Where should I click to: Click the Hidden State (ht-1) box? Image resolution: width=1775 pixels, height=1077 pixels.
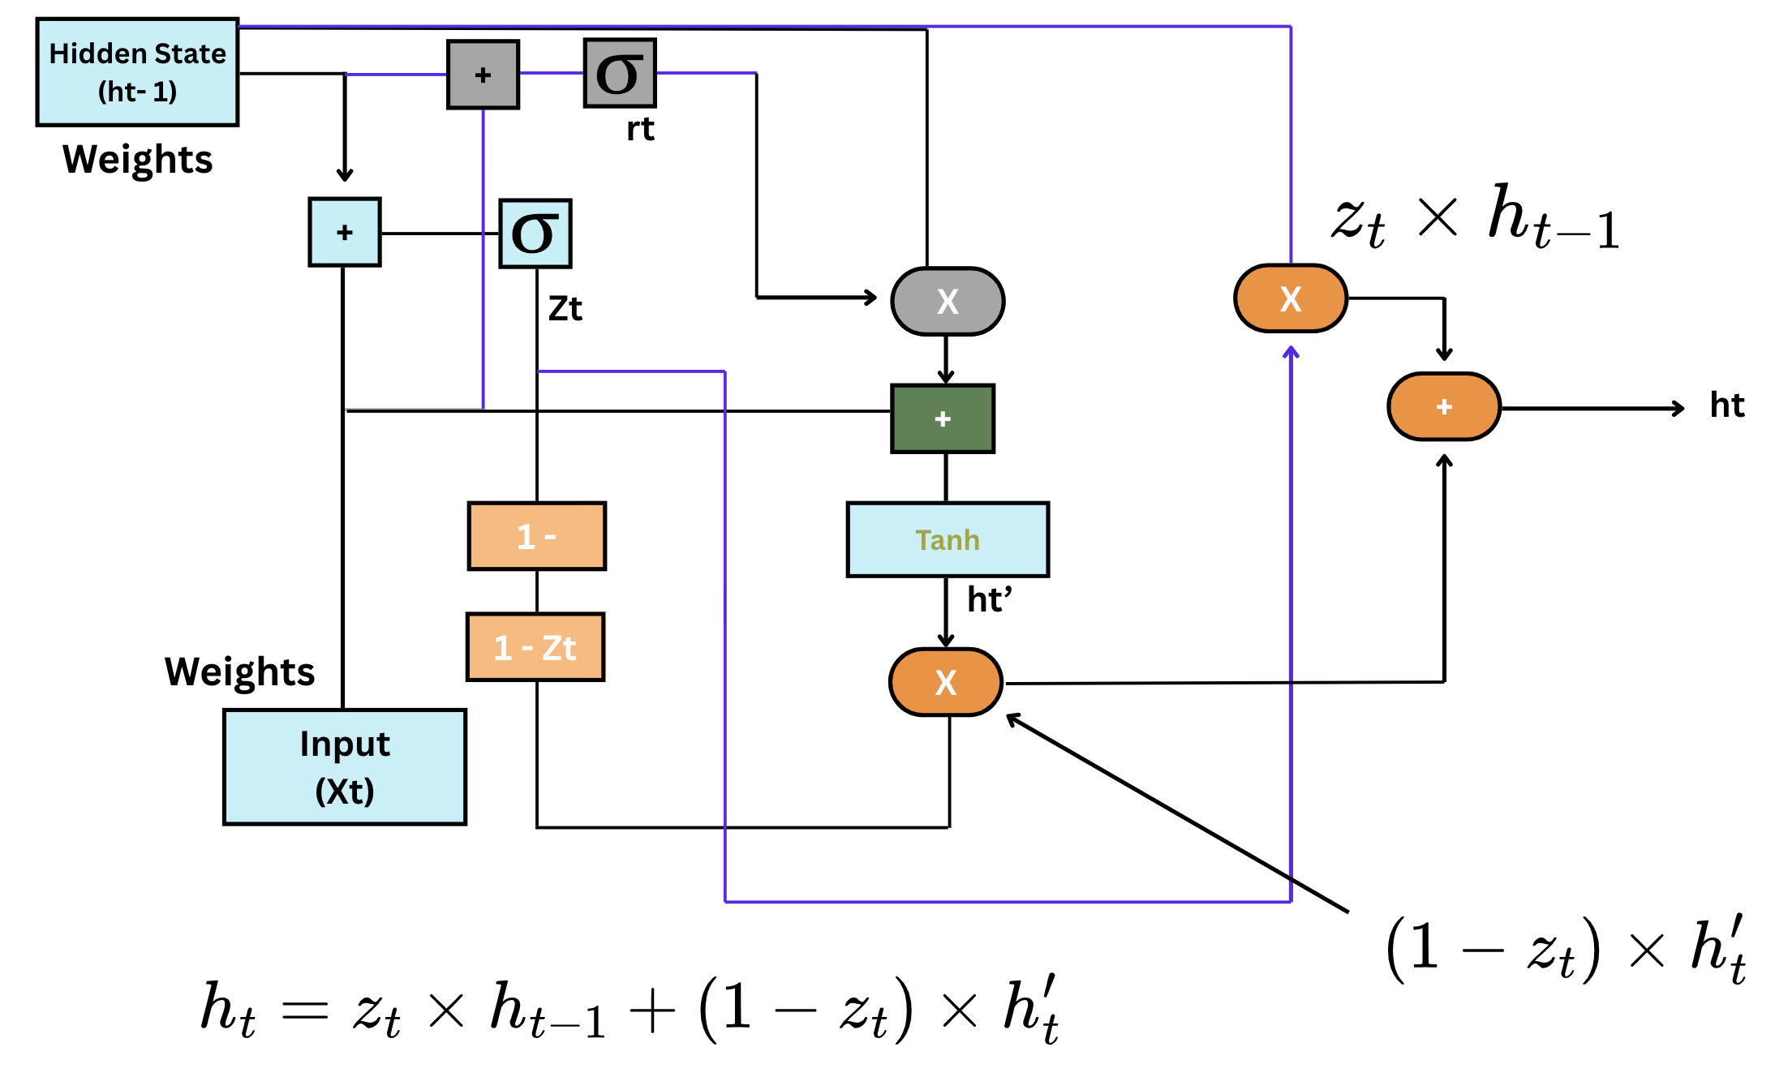pos(137,72)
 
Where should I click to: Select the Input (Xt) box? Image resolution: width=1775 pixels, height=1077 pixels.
pos(345,766)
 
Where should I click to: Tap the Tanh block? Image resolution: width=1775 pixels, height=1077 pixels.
pos(948,539)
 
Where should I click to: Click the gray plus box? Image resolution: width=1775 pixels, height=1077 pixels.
pos(483,75)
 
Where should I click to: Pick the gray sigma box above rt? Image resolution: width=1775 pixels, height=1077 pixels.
pos(620,73)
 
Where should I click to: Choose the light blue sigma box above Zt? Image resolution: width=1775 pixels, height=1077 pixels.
pos(535,234)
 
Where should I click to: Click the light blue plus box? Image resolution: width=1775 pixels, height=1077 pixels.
pos(345,232)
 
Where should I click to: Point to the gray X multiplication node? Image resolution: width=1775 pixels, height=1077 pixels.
pos(948,301)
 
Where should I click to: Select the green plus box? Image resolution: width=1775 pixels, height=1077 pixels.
pos(943,418)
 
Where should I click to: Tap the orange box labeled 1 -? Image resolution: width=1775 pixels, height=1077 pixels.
pos(537,536)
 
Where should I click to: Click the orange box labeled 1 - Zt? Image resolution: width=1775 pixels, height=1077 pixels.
pos(535,647)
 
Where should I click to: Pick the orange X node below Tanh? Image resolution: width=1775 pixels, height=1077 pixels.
pos(946,682)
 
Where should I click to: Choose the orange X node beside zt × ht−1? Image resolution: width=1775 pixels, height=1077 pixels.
pos(1290,298)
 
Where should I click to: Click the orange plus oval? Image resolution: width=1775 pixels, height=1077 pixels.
pos(1444,406)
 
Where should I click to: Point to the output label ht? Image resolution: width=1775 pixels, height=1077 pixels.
pos(1726,405)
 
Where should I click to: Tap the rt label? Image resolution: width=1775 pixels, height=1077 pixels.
pos(640,129)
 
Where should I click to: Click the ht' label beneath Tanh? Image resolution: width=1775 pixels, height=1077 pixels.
pos(989,600)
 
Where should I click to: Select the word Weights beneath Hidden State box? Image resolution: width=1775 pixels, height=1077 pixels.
pos(137,159)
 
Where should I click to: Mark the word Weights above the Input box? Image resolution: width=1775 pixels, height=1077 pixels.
pos(239,672)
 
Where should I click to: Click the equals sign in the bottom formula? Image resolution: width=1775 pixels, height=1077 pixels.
pos(305,1010)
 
